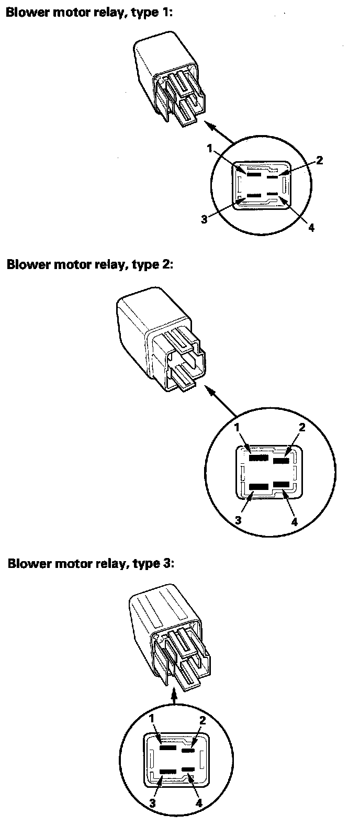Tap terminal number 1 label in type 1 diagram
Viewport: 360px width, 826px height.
pyautogui.click(x=210, y=149)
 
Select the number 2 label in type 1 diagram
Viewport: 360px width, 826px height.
pyautogui.click(x=320, y=160)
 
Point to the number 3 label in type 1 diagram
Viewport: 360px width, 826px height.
pyautogui.click(x=204, y=219)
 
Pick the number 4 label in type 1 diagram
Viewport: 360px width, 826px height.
pyautogui.click(x=311, y=228)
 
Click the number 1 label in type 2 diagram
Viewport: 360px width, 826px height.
pyautogui.click(x=237, y=428)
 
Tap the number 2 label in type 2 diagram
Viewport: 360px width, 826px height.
pyautogui.click(x=301, y=427)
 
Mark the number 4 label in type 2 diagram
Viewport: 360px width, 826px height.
pyautogui.click(x=295, y=521)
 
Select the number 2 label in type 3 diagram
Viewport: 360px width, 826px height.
pyautogui.click(x=202, y=720)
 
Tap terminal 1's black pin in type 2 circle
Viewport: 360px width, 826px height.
pyautogui.click(x=257, y=457)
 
